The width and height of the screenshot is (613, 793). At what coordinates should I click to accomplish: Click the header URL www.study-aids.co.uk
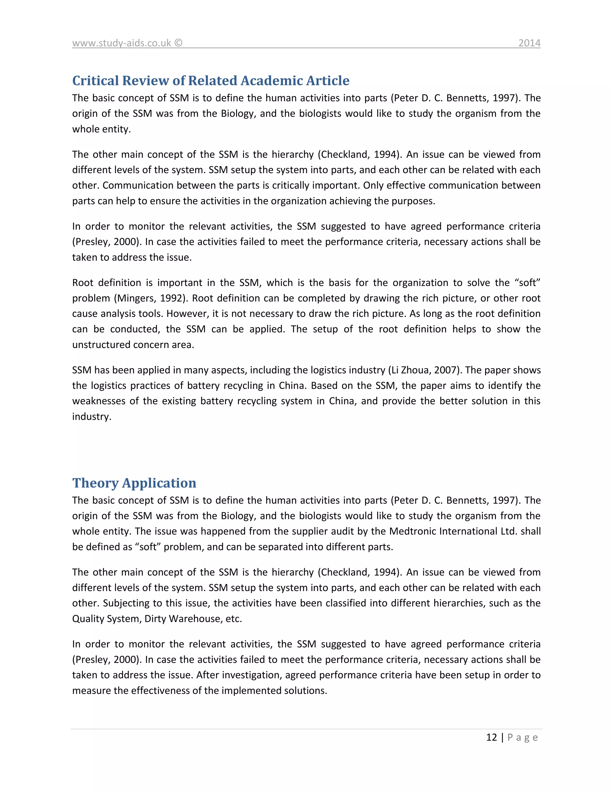(121, 43)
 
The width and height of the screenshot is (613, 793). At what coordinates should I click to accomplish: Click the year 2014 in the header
(529, 43)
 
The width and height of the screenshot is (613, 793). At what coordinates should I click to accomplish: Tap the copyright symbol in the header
(178, 43)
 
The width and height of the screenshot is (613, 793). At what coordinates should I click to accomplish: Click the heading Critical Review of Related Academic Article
(211, 80)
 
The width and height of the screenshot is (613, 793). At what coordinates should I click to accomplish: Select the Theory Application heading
(134, 483)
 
